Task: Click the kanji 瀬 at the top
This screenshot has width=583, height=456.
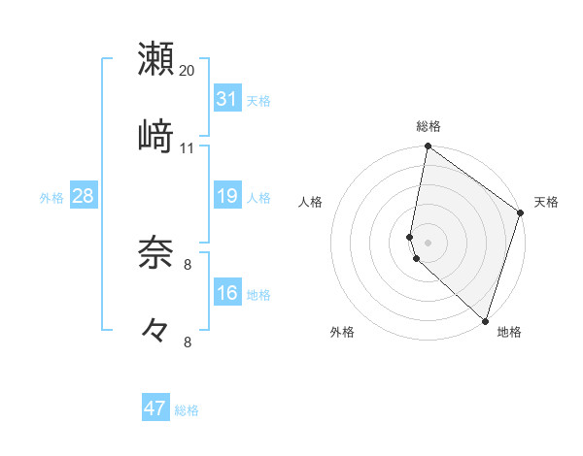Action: pos(155,58)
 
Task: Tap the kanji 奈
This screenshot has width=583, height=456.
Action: pos(155,253)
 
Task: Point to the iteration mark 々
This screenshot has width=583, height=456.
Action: pos(155,331)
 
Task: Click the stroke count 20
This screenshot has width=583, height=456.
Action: pos(188,71)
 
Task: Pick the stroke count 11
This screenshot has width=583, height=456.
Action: pos(188,147)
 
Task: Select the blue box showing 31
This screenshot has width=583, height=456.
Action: pos(227,99)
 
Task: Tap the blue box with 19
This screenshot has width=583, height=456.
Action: pos(227,196)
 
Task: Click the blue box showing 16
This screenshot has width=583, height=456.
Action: pos(227,293)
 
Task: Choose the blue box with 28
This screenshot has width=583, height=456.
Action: pos(84,196)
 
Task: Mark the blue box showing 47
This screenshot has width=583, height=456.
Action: pos(155,408)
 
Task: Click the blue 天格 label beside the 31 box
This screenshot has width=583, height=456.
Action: pos(258,101)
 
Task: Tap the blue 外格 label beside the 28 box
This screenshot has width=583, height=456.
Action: pos(51,198)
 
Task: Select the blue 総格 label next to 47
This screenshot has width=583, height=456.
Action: pos(187,410)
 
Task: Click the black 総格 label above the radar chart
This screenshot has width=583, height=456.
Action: pos(429,126)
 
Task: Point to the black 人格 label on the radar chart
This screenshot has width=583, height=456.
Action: pos(310,202)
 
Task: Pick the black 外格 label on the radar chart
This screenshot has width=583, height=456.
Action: pos(342,332)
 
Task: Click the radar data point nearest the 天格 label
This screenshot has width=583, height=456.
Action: pos(520,214)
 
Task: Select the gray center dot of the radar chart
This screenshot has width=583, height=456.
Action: pos(429,241)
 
